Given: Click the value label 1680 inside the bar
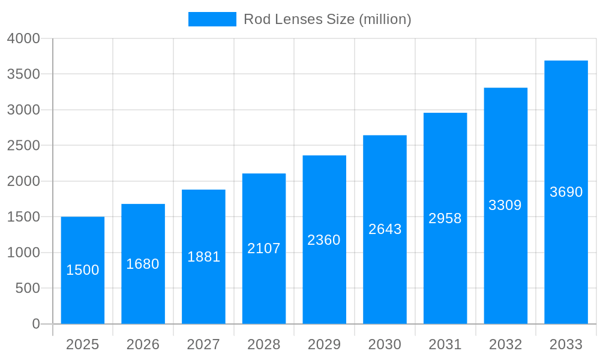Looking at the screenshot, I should tap(143, 264).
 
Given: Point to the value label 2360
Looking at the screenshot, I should tap(324, 240).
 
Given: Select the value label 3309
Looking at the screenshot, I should tap(505, 205).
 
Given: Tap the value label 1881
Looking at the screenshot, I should tap(204, 257).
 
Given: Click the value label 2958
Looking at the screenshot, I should tap(445, 218).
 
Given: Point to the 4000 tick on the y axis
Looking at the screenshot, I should tap(23, 38).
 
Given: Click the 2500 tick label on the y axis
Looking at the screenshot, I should tap(23, 146).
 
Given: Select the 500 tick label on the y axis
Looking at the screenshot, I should tap(28, 289).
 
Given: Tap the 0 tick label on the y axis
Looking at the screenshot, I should tap(35, 324).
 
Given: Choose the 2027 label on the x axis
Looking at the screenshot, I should tap(203, 344).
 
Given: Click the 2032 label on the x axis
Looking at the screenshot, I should tap(505, 344).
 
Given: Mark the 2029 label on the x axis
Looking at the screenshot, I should tap(324, 344).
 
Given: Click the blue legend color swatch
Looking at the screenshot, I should tap(212, 19).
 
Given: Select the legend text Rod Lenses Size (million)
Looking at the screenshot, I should tap(327, 19).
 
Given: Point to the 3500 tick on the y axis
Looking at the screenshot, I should tap(23, 74).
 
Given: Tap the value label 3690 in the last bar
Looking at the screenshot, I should tap(566, 192).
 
